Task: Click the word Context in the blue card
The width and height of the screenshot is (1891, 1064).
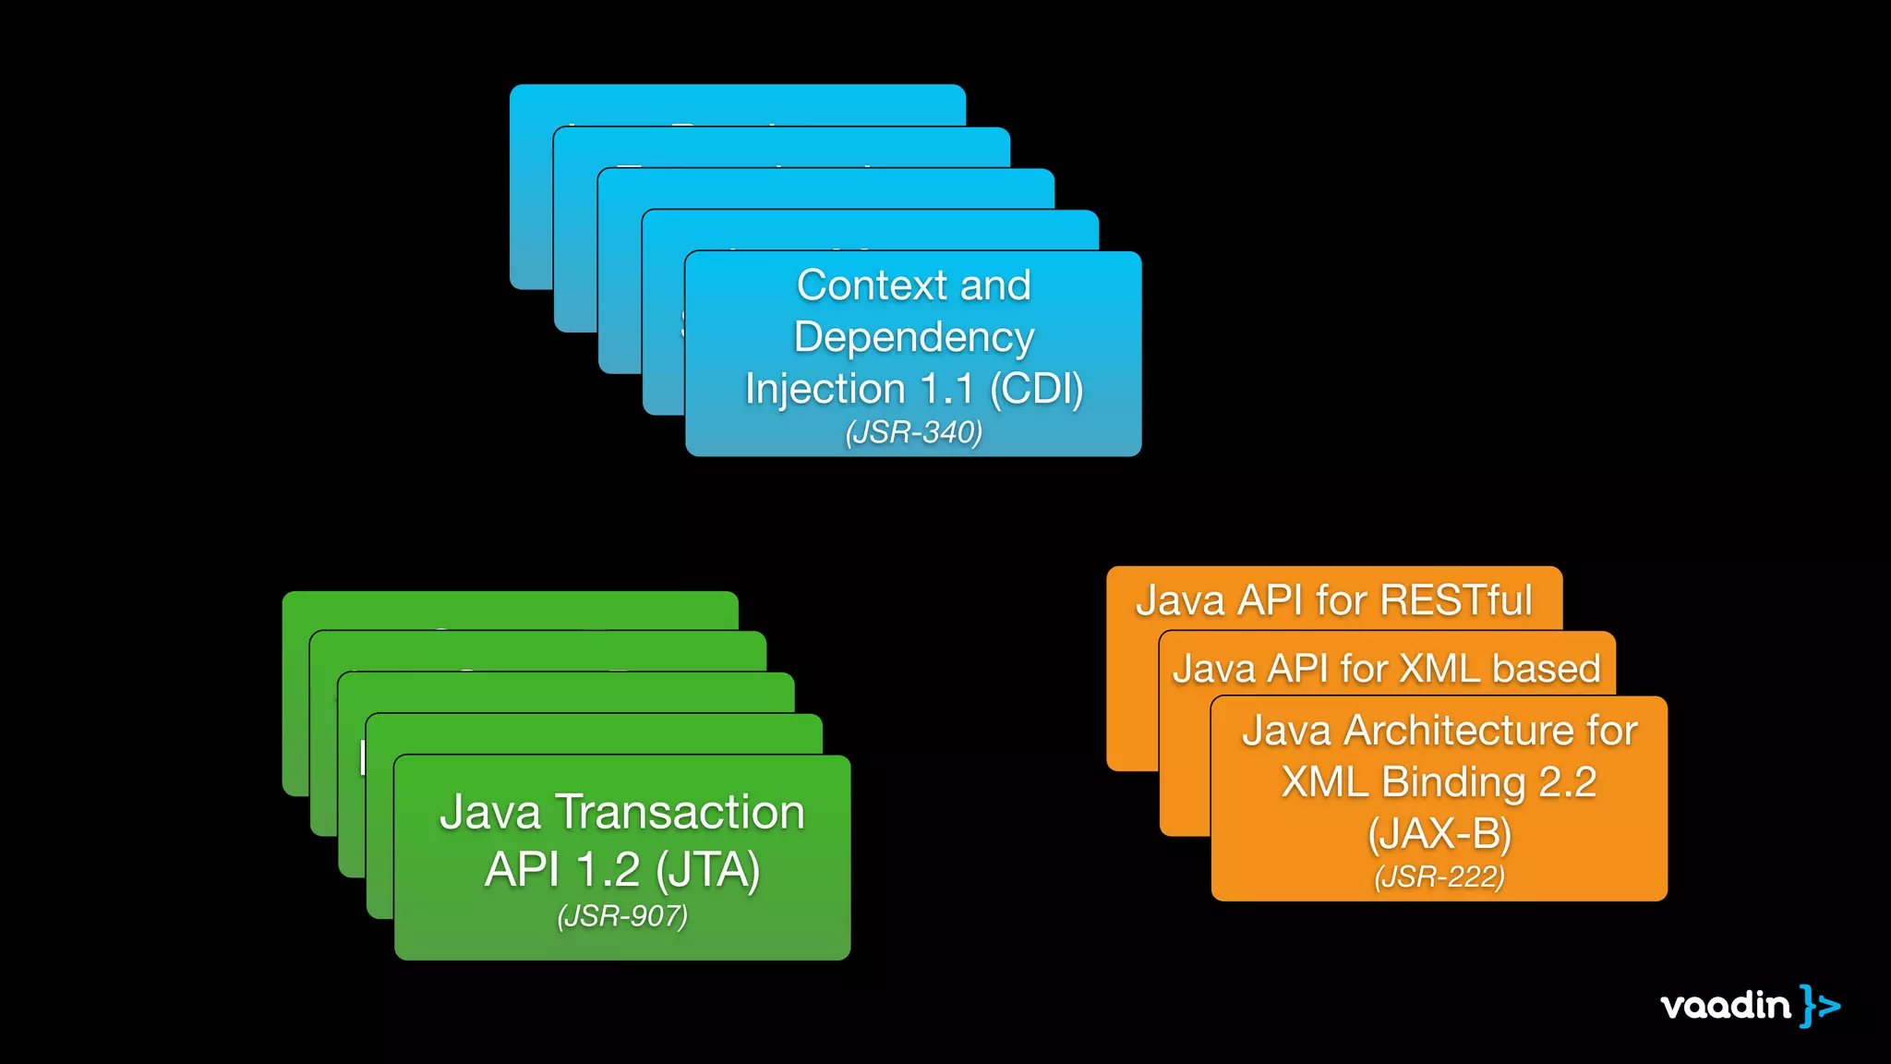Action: pos(872,285)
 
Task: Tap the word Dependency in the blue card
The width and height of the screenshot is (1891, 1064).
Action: pos(914,337)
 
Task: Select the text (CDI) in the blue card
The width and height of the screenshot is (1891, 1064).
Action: pos(1036,389)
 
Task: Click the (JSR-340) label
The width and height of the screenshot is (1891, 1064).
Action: pos(914,432)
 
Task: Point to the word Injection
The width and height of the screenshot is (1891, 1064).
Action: pos(825,389)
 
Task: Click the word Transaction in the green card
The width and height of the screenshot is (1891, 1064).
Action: pos(680,813)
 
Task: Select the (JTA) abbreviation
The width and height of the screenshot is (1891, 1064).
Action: pos(708,870)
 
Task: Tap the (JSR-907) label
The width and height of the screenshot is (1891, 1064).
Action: pos(622,916)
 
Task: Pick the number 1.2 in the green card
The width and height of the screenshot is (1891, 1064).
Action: pos(608,870)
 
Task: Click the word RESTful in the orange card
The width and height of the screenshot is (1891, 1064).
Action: pos(1456,600)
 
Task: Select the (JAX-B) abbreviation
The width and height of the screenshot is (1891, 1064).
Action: pos(1439,834)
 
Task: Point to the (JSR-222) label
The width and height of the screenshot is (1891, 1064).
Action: pos(1439,877)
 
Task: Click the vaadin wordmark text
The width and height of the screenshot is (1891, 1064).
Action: pos(1725,1005)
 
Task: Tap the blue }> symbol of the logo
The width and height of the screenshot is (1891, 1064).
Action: pos(1820,1005)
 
